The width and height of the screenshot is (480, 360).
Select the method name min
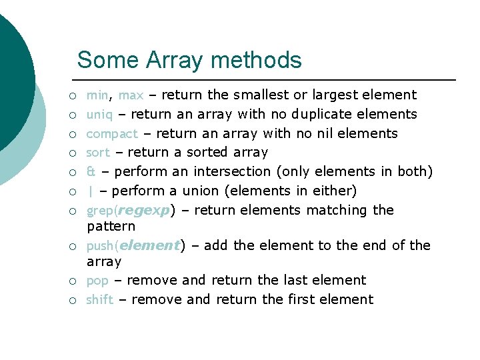pyautogui.click(x=97, y=95)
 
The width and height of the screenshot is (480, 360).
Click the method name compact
pyautogui.click(x=112, y=134)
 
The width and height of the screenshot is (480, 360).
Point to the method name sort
pyautogui.click(x=99, y=153)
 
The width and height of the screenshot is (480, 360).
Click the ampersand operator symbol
pyautogui.click(x=91, y=172)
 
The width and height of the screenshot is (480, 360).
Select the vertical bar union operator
pyautogui.click(x=91, y=191)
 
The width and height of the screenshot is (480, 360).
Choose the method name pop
pyautogui.click(x=97, y=281)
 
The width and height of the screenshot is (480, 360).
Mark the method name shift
pyautogui.click(x=100, y=299)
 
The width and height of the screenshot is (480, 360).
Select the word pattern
pyautogui.click(x=111, y=227)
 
